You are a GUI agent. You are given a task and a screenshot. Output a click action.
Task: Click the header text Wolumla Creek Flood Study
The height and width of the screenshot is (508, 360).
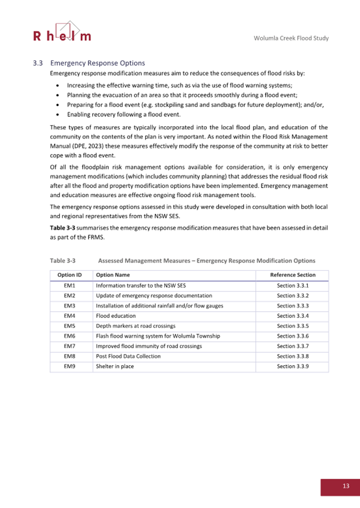(x=291, y=38)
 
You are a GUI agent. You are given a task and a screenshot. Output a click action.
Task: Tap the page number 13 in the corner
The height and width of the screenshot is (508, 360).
(x=346, y=486)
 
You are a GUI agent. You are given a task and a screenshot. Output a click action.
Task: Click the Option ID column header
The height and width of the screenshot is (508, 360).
(x=71, y=275)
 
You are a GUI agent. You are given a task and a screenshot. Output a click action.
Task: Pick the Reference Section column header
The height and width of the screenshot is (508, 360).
(x=293, y=275)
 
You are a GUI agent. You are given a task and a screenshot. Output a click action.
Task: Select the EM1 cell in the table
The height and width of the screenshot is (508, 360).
(x=71, y=285)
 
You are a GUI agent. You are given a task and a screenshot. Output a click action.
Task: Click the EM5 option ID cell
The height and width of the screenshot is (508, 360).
(x=71, y=326)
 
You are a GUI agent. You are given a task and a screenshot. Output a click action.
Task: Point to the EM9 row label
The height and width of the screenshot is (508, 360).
(x=71, y=366)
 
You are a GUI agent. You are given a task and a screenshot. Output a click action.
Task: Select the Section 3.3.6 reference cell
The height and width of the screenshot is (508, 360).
(x=293, y=336)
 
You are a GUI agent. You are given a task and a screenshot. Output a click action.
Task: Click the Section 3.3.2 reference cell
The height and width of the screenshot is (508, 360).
(x=293, y=295)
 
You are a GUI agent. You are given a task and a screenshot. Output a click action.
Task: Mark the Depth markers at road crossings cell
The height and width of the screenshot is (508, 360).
(x=135, y=326)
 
